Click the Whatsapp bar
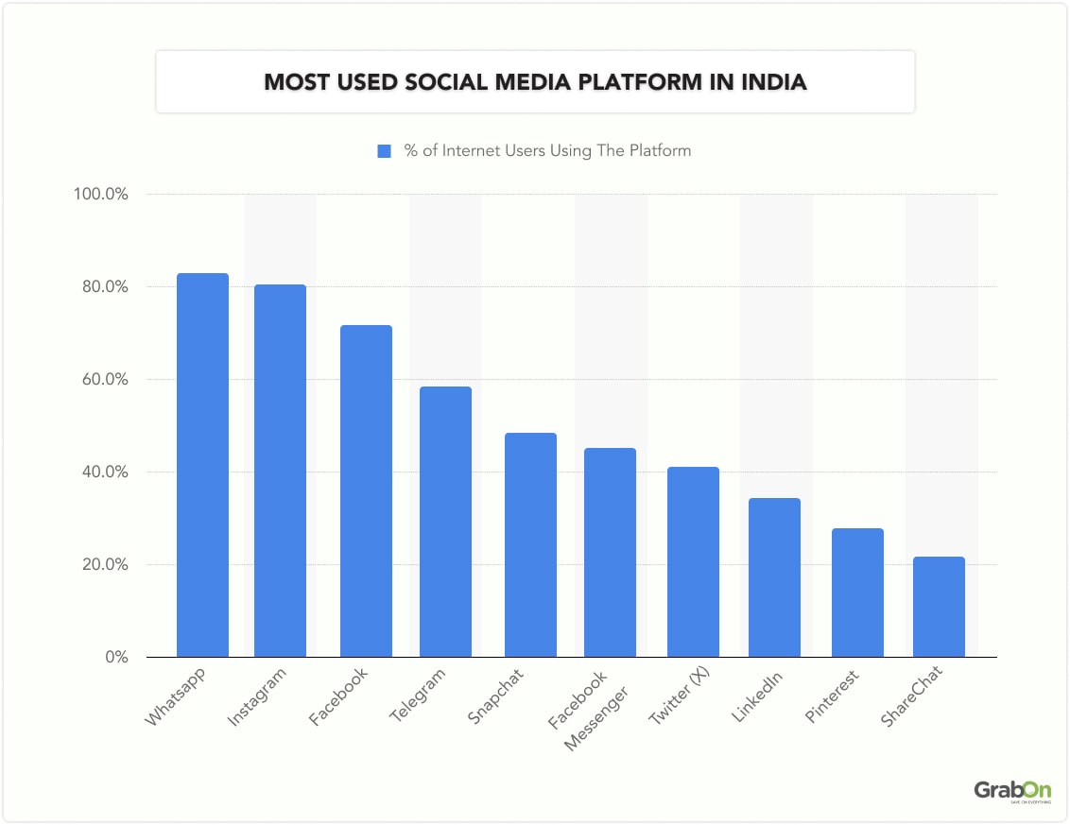pyautogui.click(x=202, y=465)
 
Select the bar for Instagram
pyautogui.click(x=280, y=471)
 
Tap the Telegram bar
pyautogui.click(x=445, y=522)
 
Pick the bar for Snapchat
pyautogui.click(x=530, y=545)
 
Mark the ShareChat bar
pyautogui.click(x=939, y=607)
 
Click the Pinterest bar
pyautogui.click(x=857, y=593)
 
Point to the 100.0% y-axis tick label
pyautogui.click(x=100, y=195)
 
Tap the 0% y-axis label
pyautogui.click(x=115, y=657)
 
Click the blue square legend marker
pyautogui.click(x=384, y=151)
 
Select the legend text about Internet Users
pyautogui.click(x=547, y=151)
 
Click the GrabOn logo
pyautogui.click(x=1011, y=791)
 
